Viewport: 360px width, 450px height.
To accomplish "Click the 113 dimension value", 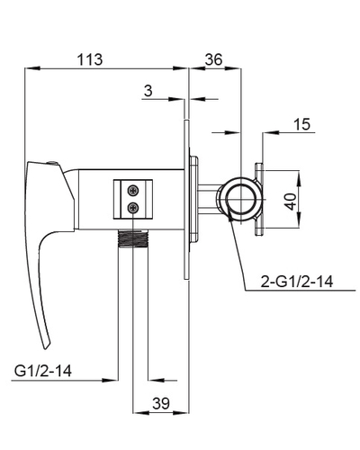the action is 90,59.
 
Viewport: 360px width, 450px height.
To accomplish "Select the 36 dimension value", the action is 213,59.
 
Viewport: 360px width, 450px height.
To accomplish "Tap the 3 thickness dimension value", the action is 148,91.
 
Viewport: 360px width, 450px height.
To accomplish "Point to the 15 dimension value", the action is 302,124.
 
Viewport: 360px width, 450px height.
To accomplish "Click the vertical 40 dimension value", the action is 291,202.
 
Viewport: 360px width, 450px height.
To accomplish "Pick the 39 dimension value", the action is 161,403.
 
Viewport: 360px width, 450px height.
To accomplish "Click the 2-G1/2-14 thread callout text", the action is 297,282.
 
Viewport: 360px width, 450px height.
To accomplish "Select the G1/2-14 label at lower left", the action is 43,371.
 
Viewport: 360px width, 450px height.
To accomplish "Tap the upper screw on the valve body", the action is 133,190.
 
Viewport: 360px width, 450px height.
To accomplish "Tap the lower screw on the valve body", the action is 133,208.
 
